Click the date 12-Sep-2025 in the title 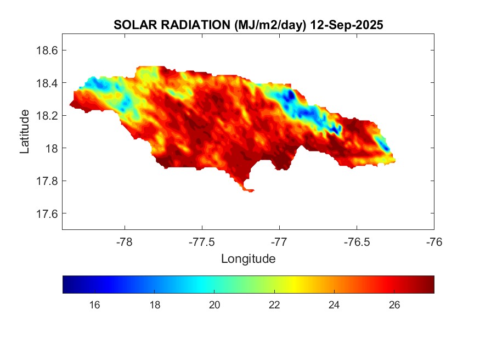346,25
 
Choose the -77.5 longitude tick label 202,241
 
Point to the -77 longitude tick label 279,241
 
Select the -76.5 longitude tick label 357,241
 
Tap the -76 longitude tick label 434,241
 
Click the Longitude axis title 248,258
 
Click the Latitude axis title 25,132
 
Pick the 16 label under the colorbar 94,305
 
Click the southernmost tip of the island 250,191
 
